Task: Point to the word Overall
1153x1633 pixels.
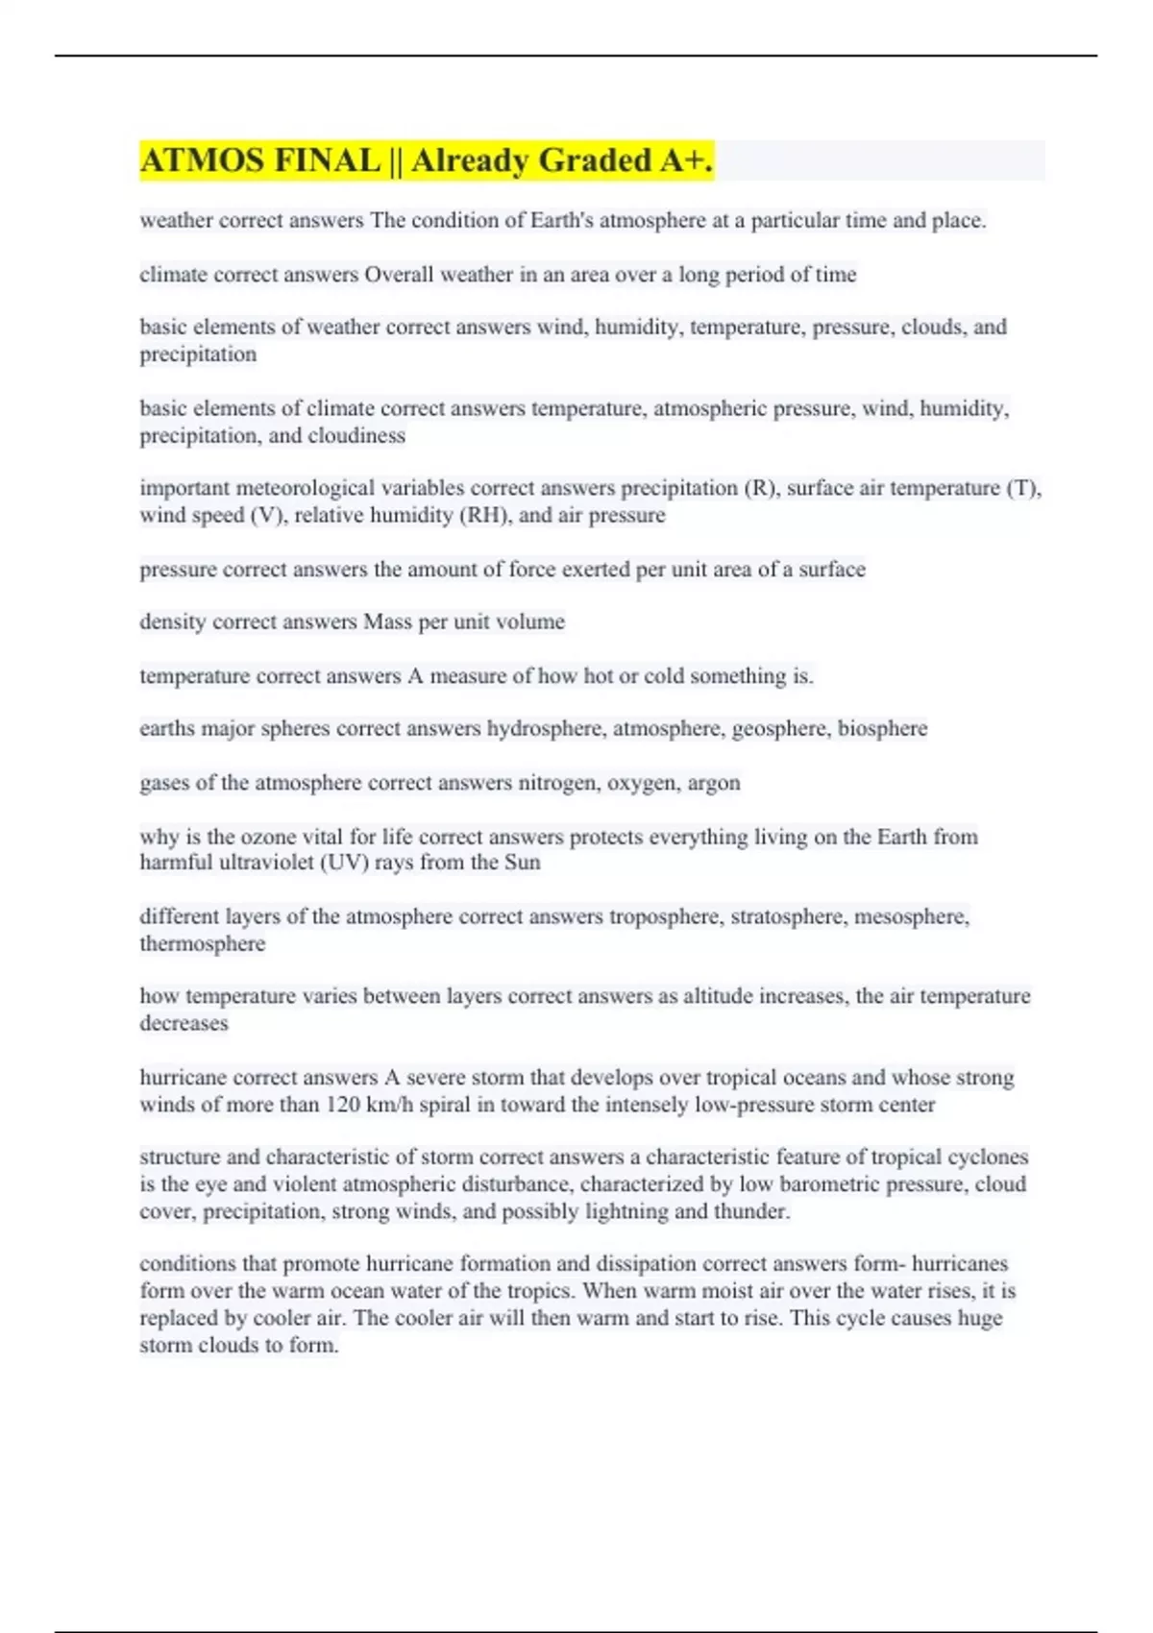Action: pos(399,275)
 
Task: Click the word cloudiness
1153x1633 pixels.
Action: pos(356,436)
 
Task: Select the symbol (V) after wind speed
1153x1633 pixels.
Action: pos(268,516)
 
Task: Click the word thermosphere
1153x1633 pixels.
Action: pos(202,944)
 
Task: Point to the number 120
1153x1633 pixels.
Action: pos(343,1105)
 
